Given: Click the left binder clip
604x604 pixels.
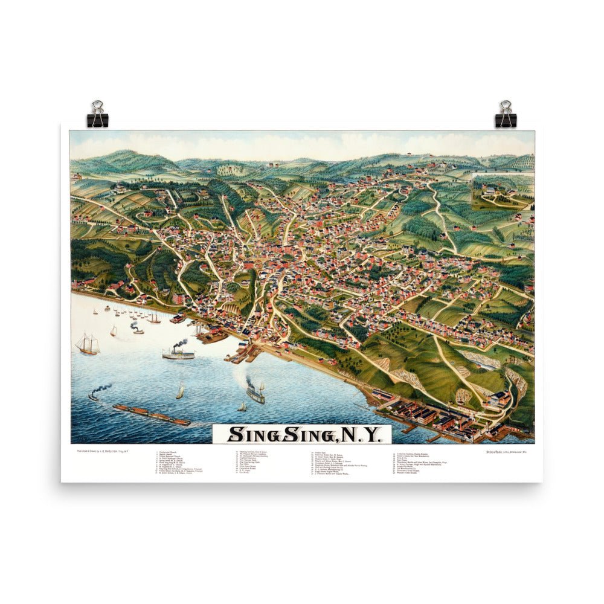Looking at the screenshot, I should (x=97, y=115).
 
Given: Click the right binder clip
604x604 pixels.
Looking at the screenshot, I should (x=506, y=115).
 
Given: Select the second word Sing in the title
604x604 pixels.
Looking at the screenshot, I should (x=302, y=434).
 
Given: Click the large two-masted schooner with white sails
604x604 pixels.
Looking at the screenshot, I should (x=87, y=344).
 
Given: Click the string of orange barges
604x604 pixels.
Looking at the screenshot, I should (x=151, y=415).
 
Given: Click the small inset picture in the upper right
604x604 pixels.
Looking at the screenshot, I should (x=502, y=191).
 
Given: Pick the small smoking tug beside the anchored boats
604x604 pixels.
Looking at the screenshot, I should (x=137, y=329).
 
